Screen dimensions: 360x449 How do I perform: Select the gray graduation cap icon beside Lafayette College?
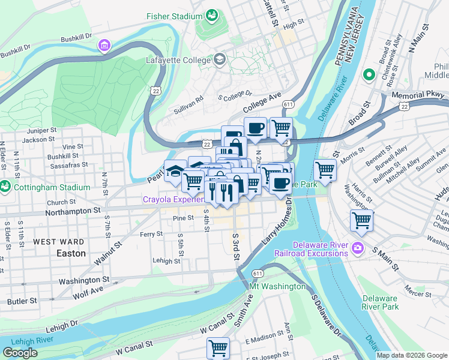click(x=219, y=59)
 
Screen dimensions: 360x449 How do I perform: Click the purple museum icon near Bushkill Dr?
click(x=105, y=46)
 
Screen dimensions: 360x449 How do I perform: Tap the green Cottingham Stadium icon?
click(x=5, y=187)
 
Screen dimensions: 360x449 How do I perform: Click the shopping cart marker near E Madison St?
click(x=218, y=348)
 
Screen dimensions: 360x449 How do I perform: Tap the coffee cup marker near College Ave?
click(x=255, y=127)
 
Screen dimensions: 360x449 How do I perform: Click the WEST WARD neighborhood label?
click(x=58, y=242)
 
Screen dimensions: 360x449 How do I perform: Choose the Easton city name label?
click(x=71, y=253)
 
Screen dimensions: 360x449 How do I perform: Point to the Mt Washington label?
click(x=277, y=286)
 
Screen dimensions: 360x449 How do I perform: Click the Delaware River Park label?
click(x=380, y=302)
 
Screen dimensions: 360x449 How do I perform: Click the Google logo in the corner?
click(x=20, y=353)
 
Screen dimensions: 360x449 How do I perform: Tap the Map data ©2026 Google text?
click(x=411, y=355)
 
